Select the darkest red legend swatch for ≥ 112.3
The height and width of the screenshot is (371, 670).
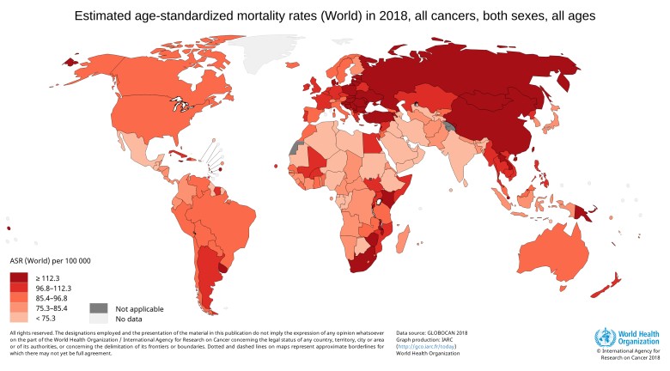pos(19,277)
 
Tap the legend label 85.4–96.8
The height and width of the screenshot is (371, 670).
pos(52,298)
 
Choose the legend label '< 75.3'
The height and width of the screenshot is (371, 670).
pos(46,319)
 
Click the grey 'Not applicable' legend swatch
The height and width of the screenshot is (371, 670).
pos(99,308)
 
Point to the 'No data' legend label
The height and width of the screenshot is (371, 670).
pos(130,319)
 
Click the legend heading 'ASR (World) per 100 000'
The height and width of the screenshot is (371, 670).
pos(50,260)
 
